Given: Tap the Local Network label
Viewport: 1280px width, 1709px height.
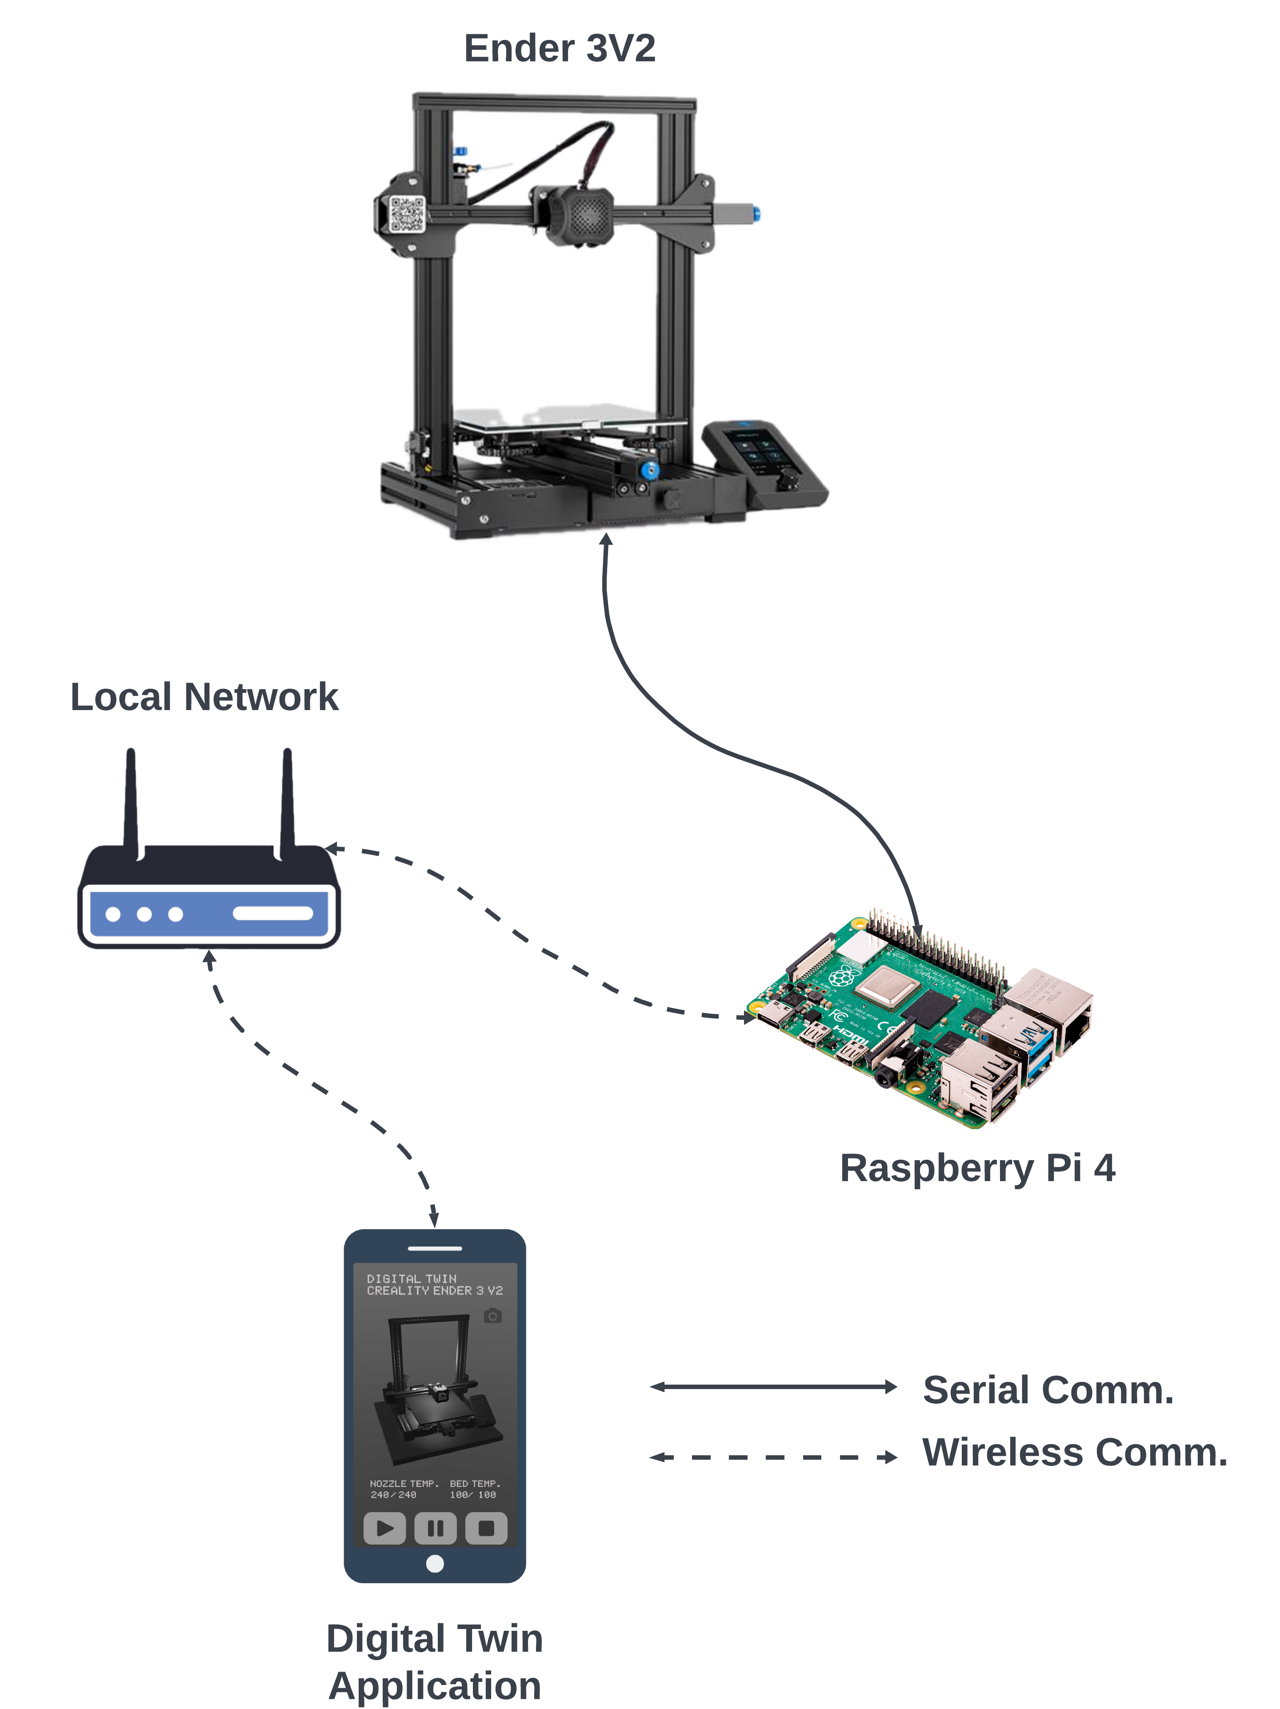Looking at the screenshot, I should click(204, 697).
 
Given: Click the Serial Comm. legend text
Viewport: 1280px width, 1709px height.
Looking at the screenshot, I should click(1048, 1390).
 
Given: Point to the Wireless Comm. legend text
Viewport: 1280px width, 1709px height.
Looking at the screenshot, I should click(1074, 1453).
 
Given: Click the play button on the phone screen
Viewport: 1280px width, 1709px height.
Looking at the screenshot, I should click(384, 1527).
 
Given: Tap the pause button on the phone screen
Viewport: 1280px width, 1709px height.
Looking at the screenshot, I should click(435, 1527).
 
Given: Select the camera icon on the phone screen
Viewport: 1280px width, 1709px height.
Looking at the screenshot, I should click(492, 1316).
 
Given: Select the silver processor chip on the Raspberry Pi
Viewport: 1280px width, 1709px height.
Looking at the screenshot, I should click(888, 986).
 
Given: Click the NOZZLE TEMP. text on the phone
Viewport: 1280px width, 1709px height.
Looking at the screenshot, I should click(404, 1483).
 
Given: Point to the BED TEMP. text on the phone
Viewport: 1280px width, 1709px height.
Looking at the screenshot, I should click(475, 1483).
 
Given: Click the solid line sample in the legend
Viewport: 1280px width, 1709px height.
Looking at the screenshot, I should click(773, 1387).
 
